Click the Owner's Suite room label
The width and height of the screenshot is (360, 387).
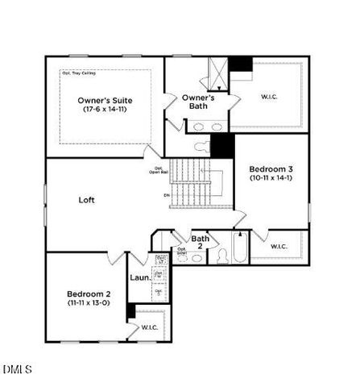(103, 100)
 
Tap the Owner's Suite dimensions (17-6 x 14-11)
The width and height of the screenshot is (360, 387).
(103, 109)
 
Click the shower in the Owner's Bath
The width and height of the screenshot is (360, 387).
(216, 73)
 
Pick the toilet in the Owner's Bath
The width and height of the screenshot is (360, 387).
(202, 148)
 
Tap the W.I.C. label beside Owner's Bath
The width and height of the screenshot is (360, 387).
(270, 97)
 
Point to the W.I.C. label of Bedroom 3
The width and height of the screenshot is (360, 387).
(279, 247)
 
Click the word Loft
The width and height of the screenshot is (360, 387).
(88, 199)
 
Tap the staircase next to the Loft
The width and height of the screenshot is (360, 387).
(193, 184)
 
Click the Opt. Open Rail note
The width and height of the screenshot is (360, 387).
(161, 170)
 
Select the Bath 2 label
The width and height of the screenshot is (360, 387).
(201, 242)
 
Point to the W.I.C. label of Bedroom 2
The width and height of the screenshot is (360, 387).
(150, 327)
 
